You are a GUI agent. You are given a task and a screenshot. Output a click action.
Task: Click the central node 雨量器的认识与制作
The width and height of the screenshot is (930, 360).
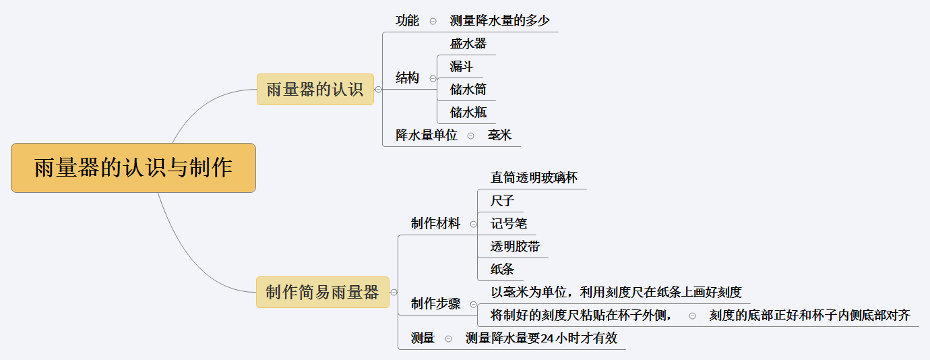[133, 168]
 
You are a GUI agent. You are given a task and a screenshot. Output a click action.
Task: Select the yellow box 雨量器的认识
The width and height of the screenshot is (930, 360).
[315, 89]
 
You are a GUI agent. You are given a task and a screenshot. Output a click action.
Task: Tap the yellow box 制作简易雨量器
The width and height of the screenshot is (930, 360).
[322, 292]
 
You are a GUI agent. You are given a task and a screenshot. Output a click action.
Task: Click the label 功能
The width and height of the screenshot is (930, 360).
[407, 21]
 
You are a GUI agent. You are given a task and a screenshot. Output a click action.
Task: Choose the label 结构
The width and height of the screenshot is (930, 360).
[407, 78]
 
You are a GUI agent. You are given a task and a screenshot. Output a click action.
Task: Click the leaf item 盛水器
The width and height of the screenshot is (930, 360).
[468, 44]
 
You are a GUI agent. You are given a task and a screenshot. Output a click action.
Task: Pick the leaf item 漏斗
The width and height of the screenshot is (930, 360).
[462, 67]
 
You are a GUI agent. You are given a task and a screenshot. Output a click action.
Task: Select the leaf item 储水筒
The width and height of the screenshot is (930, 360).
[468, 90]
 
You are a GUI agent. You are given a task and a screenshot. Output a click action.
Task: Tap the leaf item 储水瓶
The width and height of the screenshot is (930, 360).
[468, 113]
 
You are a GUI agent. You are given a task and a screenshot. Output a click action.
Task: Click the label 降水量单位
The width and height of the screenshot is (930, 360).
[426, 136]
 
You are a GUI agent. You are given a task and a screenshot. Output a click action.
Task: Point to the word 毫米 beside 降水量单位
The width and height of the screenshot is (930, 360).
[499, 136]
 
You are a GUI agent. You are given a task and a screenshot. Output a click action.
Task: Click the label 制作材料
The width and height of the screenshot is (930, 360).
[435, 224]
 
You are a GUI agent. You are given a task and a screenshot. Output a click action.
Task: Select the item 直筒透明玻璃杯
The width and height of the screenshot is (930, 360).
[534, 178]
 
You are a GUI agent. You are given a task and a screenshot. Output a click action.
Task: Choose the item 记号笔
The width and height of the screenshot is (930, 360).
[508, 224]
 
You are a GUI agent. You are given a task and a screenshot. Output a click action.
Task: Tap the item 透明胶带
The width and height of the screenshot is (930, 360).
[515, 247]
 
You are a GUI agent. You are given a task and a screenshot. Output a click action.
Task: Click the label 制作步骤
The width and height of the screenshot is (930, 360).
[435, 304]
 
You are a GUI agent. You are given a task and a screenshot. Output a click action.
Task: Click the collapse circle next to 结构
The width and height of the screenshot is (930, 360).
[433, 79]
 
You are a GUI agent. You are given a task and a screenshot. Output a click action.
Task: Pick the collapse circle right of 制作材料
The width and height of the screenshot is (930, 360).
[473, 224]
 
